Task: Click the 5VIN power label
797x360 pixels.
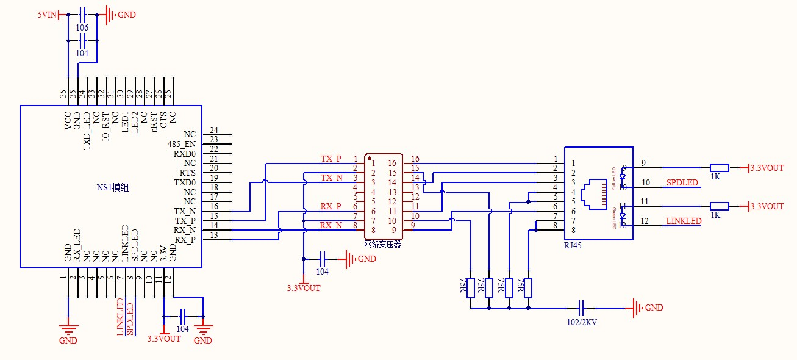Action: [47, 14]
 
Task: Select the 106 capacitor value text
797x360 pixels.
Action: [82, 28]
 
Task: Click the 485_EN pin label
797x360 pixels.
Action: [182, 144]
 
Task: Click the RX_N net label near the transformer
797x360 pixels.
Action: [331, 225]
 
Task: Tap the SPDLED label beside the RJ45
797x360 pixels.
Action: [682, 182]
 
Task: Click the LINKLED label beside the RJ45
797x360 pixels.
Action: [684, 221]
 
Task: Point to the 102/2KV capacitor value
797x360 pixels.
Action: [582, 322]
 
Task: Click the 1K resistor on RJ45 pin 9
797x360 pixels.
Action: [720, 168]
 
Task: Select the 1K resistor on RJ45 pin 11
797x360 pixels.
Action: [720, 206]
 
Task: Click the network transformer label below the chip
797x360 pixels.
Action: [382, 244]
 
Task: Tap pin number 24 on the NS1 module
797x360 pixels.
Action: [213, 130]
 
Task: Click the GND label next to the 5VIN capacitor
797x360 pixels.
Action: [126, 14]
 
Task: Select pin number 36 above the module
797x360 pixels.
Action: [63, 94]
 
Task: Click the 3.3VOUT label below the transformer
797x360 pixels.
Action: [304, 287]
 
